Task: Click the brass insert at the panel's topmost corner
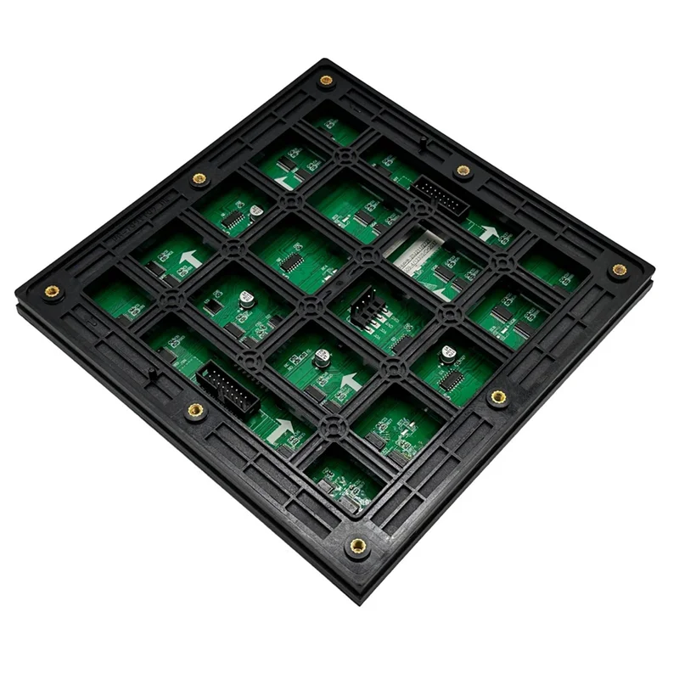coord(325,81)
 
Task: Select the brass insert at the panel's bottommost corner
coord(357,545)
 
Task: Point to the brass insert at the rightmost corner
coord(619,272)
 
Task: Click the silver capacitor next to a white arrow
coord(321,359)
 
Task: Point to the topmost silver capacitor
coord(253,207)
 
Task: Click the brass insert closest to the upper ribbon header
coord(463,171)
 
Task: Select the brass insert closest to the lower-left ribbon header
coord(195,412)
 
